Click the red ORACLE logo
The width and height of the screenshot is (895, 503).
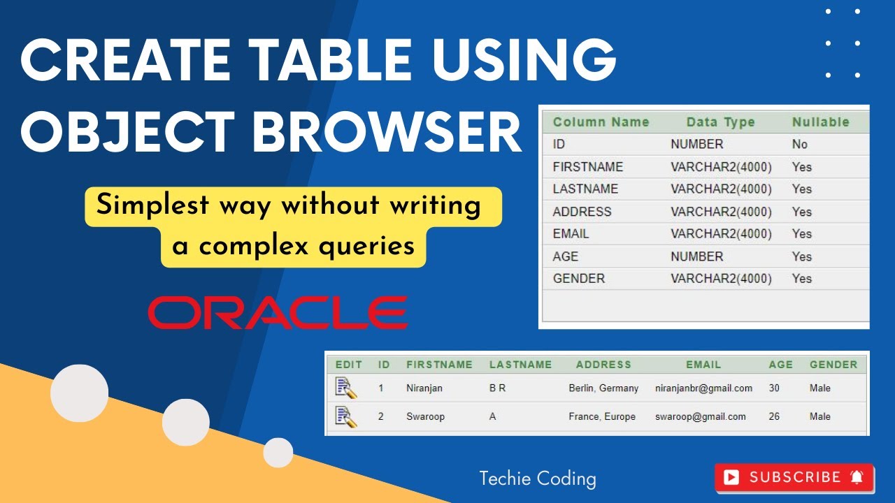coord(278,312)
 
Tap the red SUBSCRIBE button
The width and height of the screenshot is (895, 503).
coord(794,477)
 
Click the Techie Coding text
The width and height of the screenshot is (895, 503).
coord(537,479)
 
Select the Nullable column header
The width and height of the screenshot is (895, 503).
coord(820,122)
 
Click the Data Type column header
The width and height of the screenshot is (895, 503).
coord(720,122)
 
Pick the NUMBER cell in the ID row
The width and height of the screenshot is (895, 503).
coord(696,144)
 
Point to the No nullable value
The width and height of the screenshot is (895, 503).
coord(799,144)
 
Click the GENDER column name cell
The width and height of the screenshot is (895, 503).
coord(578,278)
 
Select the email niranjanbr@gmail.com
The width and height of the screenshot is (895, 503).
coord(703,388)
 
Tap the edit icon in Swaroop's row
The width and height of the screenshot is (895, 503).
coord(346,416)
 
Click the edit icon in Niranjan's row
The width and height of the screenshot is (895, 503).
coord(346,387)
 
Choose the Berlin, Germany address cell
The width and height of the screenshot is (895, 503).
coord(603,388)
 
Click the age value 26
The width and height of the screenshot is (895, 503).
coord(774,416)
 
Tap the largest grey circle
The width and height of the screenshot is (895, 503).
coord(79,393)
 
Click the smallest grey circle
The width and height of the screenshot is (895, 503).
coord(278,453)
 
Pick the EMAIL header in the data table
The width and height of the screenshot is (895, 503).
coord(703,364)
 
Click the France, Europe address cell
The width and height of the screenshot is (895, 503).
coord(602,416)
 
